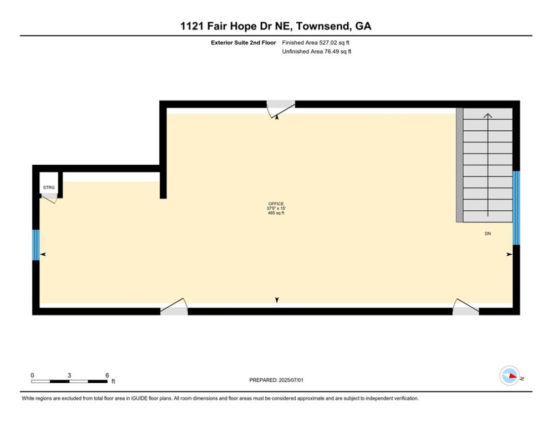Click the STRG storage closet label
click(x=49, y=188)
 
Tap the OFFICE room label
click(x=276, y=204)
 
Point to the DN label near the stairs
click(x=488, y=234)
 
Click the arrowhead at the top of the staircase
click(x=488, y=116)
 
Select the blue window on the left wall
click(x=36, y=245)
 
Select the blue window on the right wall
click(x=516, y=208)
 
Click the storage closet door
click(x=50, y=199)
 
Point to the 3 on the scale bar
click(x=69, y=375)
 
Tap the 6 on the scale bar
click(x=107, y=375)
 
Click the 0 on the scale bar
click(x=33, y=375)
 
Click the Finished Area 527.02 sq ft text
click(x=316, y=42)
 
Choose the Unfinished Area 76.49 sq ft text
click(x=317, y=52)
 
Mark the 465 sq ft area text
click(x=276, y=213)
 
